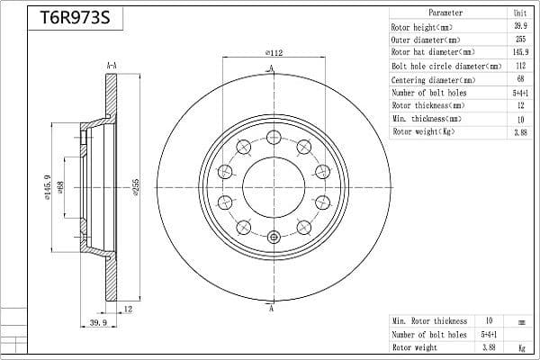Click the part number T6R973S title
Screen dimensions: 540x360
[x=75, y=18]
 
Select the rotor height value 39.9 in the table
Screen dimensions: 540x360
[x=520, y=26]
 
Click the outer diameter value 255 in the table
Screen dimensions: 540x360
[x=520, y=39]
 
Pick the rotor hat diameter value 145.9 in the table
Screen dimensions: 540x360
[x=520, y=52]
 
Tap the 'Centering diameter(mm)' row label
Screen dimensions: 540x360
[x=433, y=80]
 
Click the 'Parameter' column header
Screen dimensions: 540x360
[x=445, y=13]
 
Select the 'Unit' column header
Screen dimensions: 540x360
[x=520, y=13]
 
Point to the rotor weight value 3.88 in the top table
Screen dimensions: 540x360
[x=520, y=132]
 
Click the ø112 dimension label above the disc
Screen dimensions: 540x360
[x=274, y=53]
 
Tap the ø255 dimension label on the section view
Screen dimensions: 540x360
[x=135, y=187]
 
